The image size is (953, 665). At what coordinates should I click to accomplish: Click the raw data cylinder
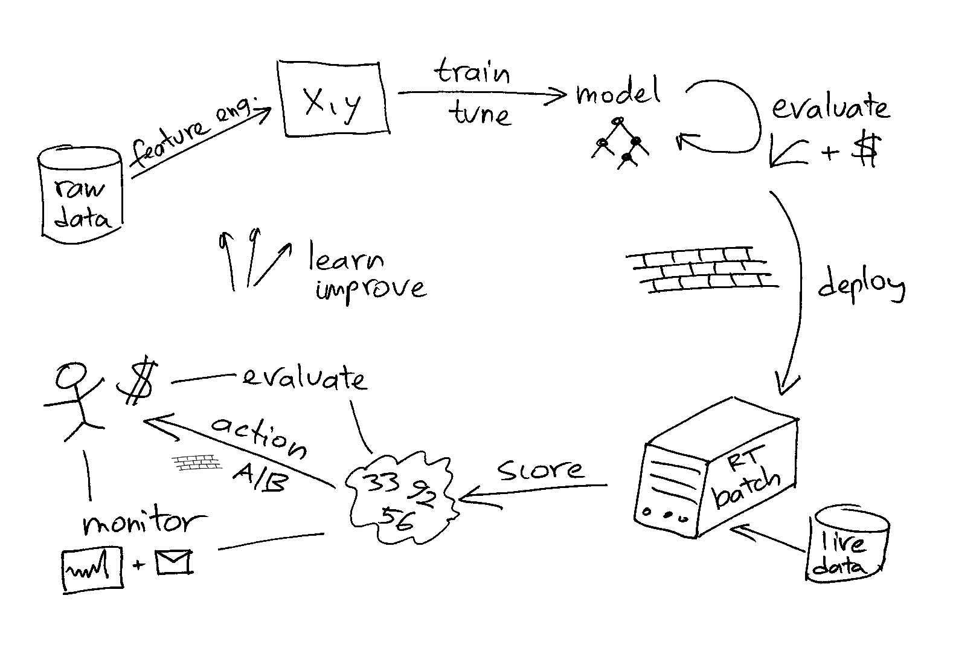(x=81, y=194)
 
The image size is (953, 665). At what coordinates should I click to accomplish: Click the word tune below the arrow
(x=480, y=113)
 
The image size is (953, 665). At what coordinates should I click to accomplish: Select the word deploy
(x=861, y=286)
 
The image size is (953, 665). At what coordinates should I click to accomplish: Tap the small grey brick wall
(x=197, y=463)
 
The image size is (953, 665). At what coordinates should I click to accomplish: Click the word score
(x=540, y=469)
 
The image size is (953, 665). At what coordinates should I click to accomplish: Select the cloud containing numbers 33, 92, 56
(x=399, y=499)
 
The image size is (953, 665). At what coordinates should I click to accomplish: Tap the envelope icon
(x=174, y=562)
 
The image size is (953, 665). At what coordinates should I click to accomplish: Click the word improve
(x=370, y=288)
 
